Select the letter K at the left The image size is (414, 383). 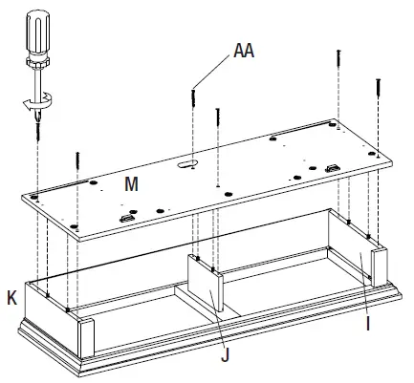11,299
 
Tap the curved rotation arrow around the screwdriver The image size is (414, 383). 38,103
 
